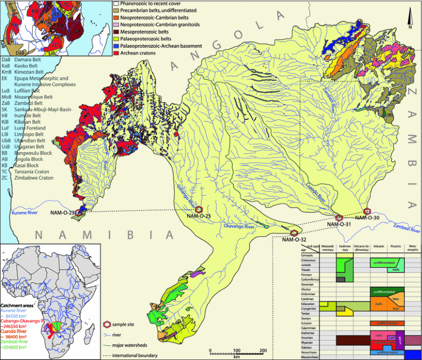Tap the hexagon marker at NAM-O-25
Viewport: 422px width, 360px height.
pyautogui.click(x=199, y=209)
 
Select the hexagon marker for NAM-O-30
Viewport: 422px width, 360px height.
pyautogui.click(x=368, y=211)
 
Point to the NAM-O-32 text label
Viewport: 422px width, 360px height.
pyautogui.click(x=295, y=240)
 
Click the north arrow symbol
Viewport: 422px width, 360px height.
pyautogui.click(x=410, y=16)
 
